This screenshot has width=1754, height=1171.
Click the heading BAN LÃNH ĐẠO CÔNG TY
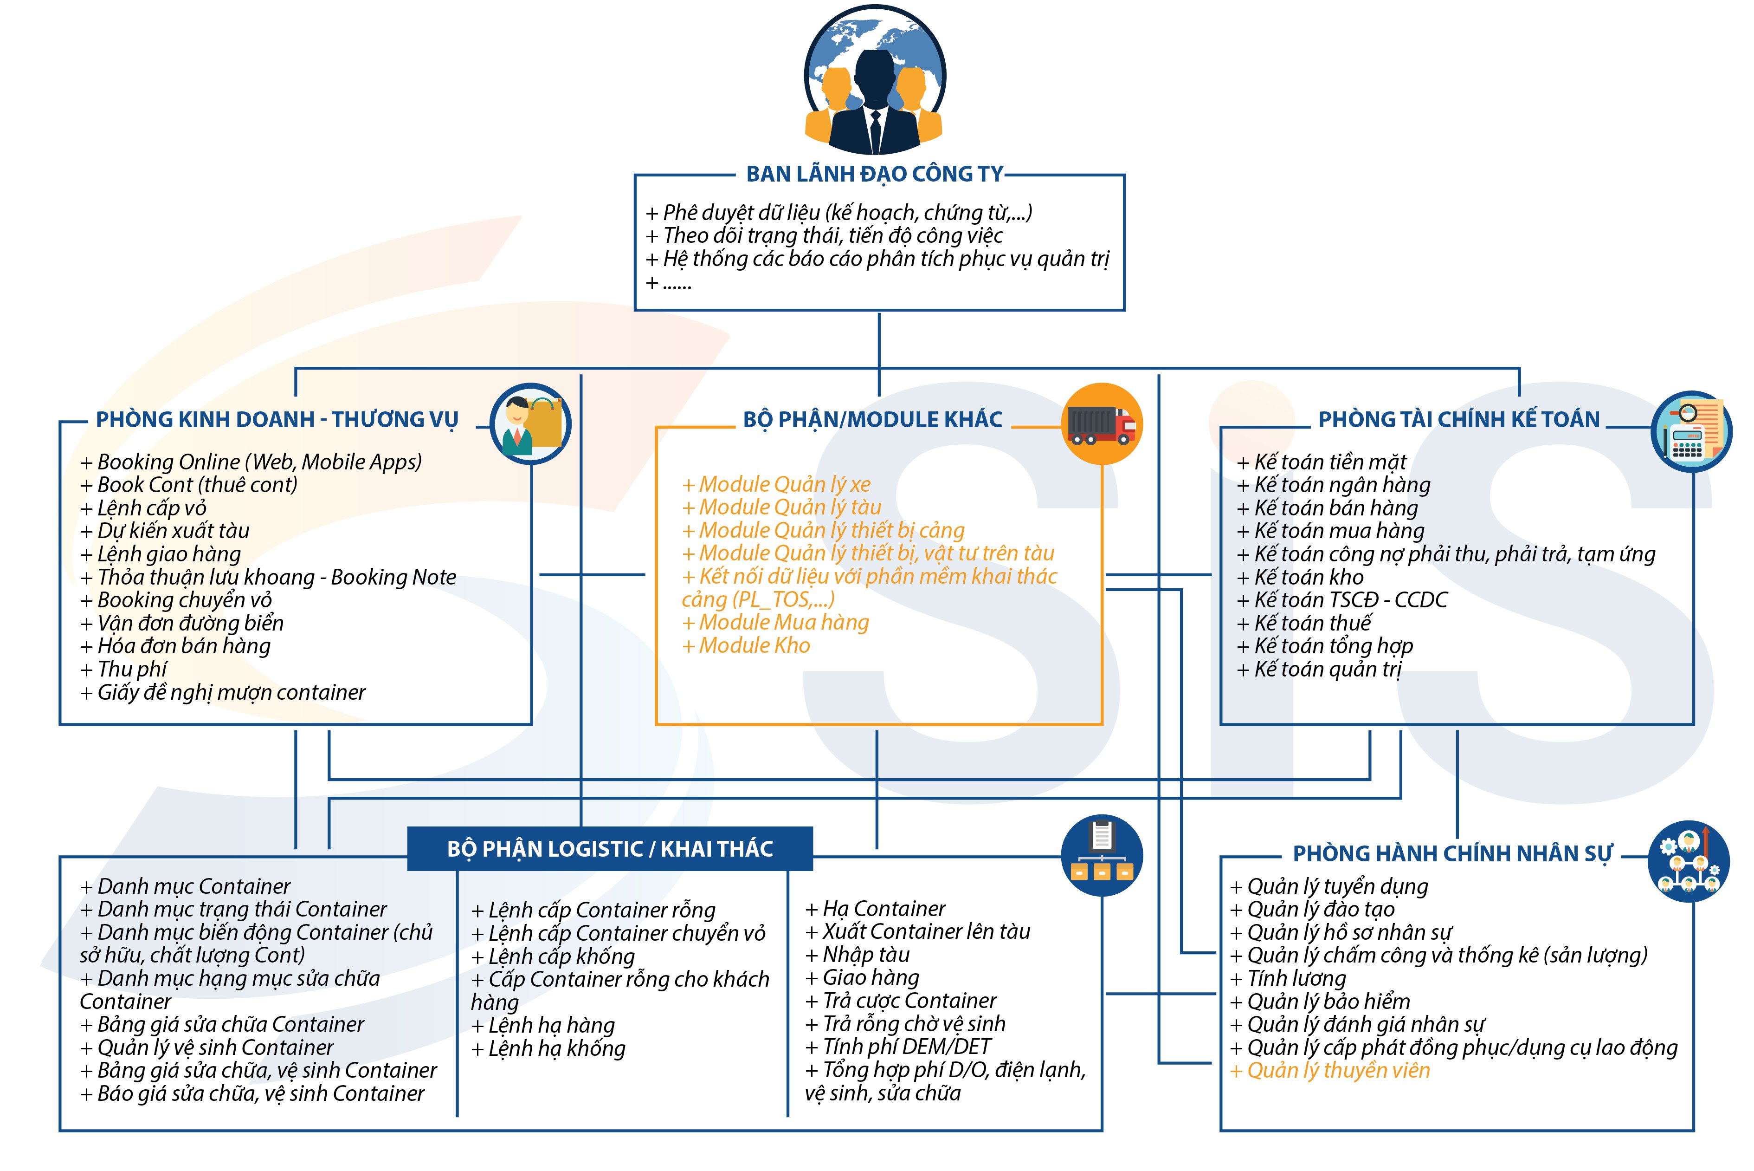pyautogui.click(x=874, y=174)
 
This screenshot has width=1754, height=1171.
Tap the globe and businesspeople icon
pyautogui.click(x=874, y=80)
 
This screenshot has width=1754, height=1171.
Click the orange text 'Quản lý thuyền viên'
pyautogui.click(x=1330, y=1070)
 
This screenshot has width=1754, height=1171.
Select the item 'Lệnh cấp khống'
pyautogui.click(x=553, y=956)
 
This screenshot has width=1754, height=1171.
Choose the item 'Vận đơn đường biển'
pyautogui.click(x=182, y=623)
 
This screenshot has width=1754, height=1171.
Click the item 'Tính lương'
pyautogui.click(x=1288, y=978)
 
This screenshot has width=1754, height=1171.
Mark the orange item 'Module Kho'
pyautogui.click(x=746, y=645)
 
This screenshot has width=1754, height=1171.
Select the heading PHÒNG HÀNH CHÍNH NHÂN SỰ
pyautogui.click(x=1452, y=853)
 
